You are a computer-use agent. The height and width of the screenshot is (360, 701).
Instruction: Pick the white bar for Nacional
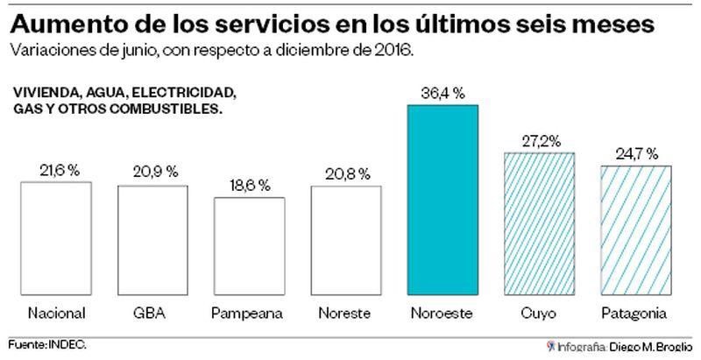point(56,237)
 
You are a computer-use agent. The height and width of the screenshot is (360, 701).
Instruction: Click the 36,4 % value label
point(443,93)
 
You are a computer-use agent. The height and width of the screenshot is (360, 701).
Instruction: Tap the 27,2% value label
point(540,141)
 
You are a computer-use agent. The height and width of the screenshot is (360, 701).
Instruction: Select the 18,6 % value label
point(250,186)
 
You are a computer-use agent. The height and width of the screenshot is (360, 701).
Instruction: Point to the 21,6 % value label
point(56,170)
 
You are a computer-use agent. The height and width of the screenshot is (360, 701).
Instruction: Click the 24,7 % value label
point(636,153)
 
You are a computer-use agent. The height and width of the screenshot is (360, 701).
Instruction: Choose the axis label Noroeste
point(443,313)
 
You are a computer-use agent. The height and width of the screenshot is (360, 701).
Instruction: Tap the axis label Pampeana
point(250,313)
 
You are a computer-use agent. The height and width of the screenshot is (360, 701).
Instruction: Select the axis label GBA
point(152,313)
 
